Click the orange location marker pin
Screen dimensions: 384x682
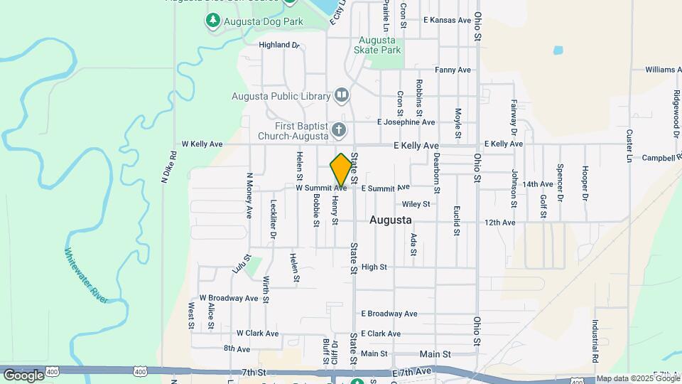(x=341, y=169)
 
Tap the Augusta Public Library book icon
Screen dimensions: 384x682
(x=342, y=95)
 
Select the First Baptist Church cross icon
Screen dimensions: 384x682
(x=339, y=130)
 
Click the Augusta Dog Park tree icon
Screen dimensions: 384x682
(x=211, y=21)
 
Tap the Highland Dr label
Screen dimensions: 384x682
(x=280, y=45)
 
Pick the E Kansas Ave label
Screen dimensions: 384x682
(x=447, y=20)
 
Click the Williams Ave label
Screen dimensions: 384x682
(x=663, y=70)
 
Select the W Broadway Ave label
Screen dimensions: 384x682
(x=228, y=297)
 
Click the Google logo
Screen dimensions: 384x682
(x=23, y=375)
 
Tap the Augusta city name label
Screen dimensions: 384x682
(x=391, y=220)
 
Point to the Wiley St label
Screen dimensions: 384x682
(x=417, y=204)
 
